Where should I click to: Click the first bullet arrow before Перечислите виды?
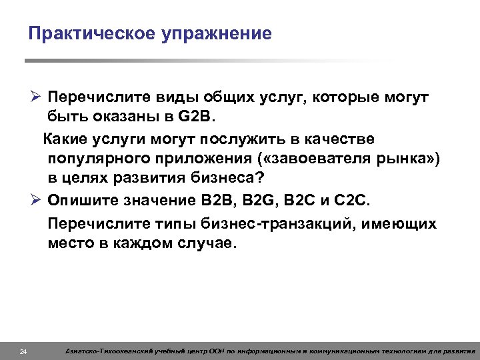(x=37, y=98)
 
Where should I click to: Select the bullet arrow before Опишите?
(x=37, y=200)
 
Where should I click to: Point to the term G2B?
(x=197, y=117)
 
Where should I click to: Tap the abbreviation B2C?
(x=303, y=200)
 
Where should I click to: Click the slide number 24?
(x=23, y=351)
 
